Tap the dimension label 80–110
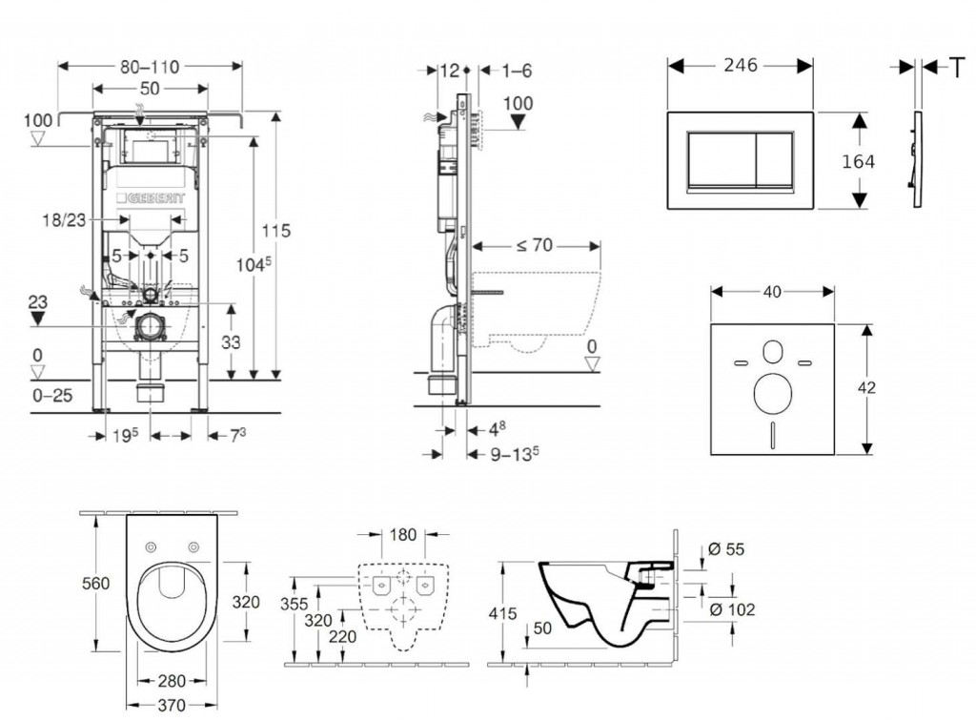tap(150, 66)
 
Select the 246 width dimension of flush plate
tap(739, 65)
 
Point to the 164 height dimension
tap(858, 161)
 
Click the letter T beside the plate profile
tap(954, 66)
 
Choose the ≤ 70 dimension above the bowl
tap(536, 244)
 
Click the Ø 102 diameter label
tap(734, 608)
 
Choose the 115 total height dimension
tap(277, 230)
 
